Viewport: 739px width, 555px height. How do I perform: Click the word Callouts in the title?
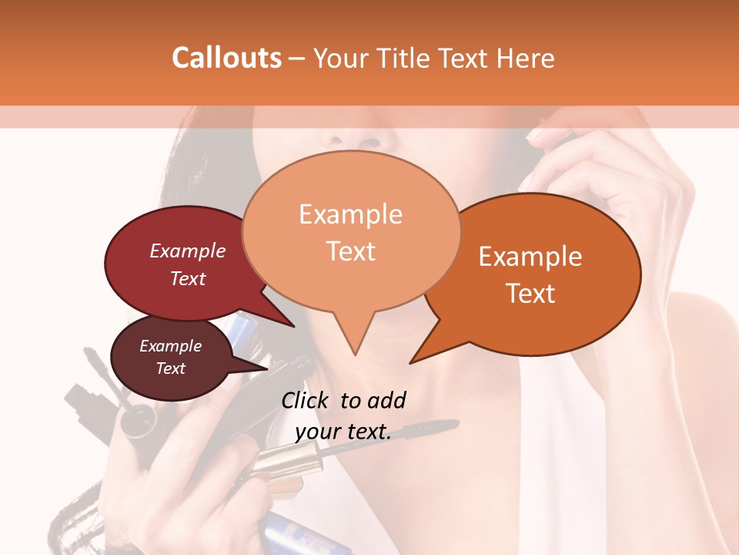pyautogui.click(x=226, y=58)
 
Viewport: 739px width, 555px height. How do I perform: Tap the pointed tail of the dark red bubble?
pyautogui.click(x=293, y=325)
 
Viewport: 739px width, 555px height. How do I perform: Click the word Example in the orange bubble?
pyautogui.click(x=530, y=257)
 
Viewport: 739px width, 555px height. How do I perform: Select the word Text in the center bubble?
pyautogui.click(x=351, y=252)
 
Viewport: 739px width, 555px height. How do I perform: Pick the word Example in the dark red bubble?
pyautogui.click(x=188, y=251)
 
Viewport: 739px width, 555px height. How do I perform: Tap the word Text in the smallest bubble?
pyautogui.click(x=171, y=368)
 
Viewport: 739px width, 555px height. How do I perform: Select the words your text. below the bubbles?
pyautogui.click(x=343, y=432)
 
